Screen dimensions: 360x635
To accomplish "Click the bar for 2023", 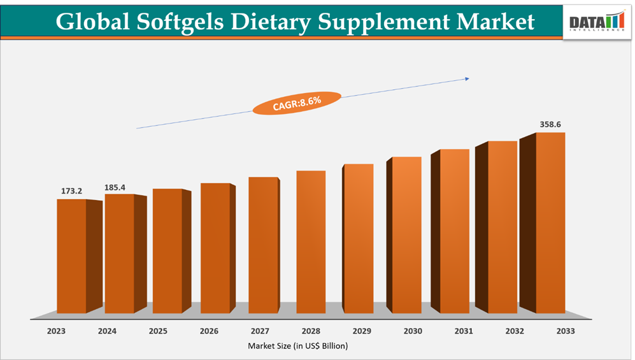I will [72, 256].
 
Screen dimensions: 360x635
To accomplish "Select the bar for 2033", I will [550, 223].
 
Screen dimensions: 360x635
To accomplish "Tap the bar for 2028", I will [311, 242].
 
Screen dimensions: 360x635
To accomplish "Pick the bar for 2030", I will [406, 235].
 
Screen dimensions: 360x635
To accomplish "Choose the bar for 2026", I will [215, 248].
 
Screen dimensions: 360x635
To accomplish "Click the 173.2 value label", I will [71, 191].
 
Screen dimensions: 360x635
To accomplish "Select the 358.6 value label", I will [550, 125].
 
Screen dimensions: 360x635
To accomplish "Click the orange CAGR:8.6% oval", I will [297, 103].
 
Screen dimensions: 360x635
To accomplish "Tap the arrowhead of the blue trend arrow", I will [467, 79].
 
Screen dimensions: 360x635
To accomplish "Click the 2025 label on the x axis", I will [158, 331].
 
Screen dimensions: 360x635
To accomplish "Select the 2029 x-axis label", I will [362, 331].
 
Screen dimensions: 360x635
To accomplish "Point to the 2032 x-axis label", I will [515, 331].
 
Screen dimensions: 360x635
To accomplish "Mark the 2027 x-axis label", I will [260, 331].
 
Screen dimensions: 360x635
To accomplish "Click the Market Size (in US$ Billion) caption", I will [298, 346].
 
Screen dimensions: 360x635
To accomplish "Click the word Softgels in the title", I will [183, 22].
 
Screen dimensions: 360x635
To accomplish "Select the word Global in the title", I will [93, 22].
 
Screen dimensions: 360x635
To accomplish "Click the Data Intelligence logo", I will [597, 22].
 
